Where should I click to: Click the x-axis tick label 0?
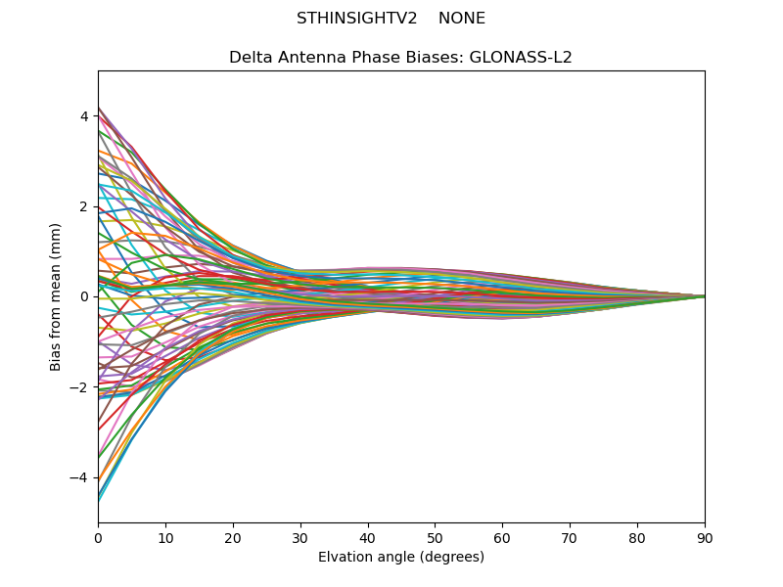point(98,538)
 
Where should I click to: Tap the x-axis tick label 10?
point(165,538)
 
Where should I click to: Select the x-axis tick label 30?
point(300,538)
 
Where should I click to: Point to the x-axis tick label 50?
point(435,538)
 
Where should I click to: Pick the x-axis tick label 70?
point(570,538)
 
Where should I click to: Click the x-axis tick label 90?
point(705,538)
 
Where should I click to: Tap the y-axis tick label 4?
point(84,116)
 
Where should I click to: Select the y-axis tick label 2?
point(84,206)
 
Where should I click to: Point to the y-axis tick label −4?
point(80,477)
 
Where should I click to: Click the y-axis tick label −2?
point(80,387)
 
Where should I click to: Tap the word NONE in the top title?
point(462,19)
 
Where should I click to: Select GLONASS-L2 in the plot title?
point(524,58)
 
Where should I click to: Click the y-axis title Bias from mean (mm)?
point(57,296)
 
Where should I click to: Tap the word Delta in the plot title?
point(250,58)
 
